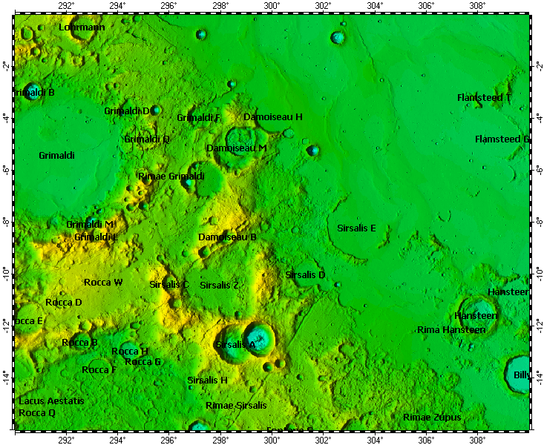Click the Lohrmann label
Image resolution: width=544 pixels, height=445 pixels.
(x=82, y=27)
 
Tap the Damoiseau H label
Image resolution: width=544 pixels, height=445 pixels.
(x=273, y=117)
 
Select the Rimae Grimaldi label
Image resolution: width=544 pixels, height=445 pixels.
(x=171, y=177)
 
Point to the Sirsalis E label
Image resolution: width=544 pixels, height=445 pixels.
(x=356, y=228)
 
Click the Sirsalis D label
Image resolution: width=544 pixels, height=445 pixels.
(x=305, y=275)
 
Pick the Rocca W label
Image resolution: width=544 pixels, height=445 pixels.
(x=103, y=283)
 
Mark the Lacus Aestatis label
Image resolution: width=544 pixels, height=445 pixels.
(x=51, y=400)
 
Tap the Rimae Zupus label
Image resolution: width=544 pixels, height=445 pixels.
(x=431, y=418)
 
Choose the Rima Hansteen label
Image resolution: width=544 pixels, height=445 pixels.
(x=451, y=329)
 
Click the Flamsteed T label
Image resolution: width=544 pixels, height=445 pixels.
(x=484, y=98)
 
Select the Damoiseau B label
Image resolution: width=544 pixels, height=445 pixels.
(x=227, y=237)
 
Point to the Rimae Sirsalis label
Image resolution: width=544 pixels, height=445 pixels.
(x=235, y=406)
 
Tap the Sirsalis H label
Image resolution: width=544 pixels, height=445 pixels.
(x=207, y=380)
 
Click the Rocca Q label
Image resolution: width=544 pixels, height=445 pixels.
(x=37, y=412)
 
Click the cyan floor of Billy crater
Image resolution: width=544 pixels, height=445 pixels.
(x=517, y=369)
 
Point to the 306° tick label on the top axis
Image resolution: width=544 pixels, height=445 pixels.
(x=426, y=6)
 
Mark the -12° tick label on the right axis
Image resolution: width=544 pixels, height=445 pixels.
(x=538, y=323)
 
